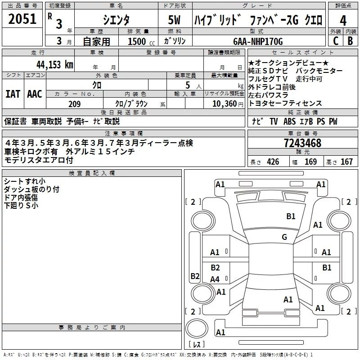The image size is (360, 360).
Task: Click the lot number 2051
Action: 22,19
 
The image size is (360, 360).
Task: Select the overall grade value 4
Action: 343,20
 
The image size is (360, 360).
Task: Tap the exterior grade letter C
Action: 336,41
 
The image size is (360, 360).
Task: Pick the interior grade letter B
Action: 350,41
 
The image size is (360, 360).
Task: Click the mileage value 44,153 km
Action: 54,65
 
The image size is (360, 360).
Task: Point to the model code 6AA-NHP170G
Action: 258,41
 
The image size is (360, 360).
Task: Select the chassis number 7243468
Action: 302,143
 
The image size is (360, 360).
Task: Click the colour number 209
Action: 74,104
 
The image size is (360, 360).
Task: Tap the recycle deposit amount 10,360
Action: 225,104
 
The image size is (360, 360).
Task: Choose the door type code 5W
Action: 174,20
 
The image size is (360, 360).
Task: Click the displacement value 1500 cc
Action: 141,41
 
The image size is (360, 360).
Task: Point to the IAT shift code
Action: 13,94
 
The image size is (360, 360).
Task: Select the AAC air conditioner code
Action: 35,94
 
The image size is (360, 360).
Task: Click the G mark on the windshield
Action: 284,237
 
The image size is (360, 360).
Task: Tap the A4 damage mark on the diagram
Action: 215,279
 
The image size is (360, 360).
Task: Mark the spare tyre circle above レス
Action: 197,328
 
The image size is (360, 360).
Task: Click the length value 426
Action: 273,162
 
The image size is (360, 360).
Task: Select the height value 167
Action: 346,162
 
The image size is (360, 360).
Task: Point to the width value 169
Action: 310,162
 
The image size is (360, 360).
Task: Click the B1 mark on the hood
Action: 291,216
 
